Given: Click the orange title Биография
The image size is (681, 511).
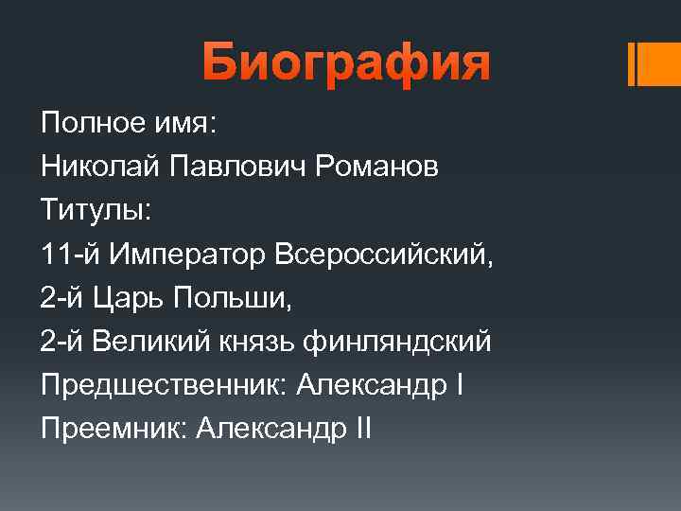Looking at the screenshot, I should click(346, 65).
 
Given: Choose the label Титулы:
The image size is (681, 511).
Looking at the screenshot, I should click(96, 211).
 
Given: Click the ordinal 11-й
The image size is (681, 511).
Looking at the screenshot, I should click(70, 255).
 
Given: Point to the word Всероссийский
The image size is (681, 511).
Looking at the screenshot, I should click(382, 255).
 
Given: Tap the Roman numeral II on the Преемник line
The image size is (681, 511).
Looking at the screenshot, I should click(362, 429).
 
